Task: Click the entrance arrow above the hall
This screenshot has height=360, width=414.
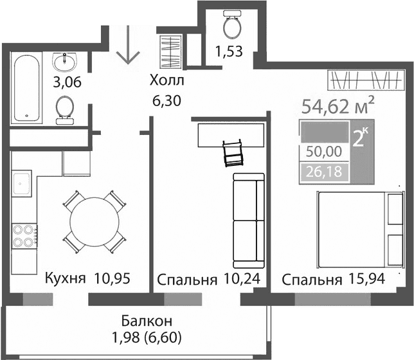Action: coord(127,46)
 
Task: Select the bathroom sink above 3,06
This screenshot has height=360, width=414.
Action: coord(64,62)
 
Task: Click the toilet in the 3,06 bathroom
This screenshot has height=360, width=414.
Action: coord(64,109)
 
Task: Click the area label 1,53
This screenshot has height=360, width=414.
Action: coord(229,52)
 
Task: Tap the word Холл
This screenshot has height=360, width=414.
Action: coord(166,81)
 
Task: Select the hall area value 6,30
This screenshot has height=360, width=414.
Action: coord(166,100)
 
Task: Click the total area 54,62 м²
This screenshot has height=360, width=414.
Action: coord(339,106)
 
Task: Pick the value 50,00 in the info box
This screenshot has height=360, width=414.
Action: coord(324,153)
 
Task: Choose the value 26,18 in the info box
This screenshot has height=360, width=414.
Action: coord(324,172)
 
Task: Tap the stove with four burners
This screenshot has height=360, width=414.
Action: coord(22,235)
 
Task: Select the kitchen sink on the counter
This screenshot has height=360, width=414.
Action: coord(23,181)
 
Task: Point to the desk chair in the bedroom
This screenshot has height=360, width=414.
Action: coord(233,152)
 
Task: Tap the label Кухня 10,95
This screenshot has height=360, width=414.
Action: coord(87,279)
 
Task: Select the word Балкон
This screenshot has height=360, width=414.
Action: coord(145,320)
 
